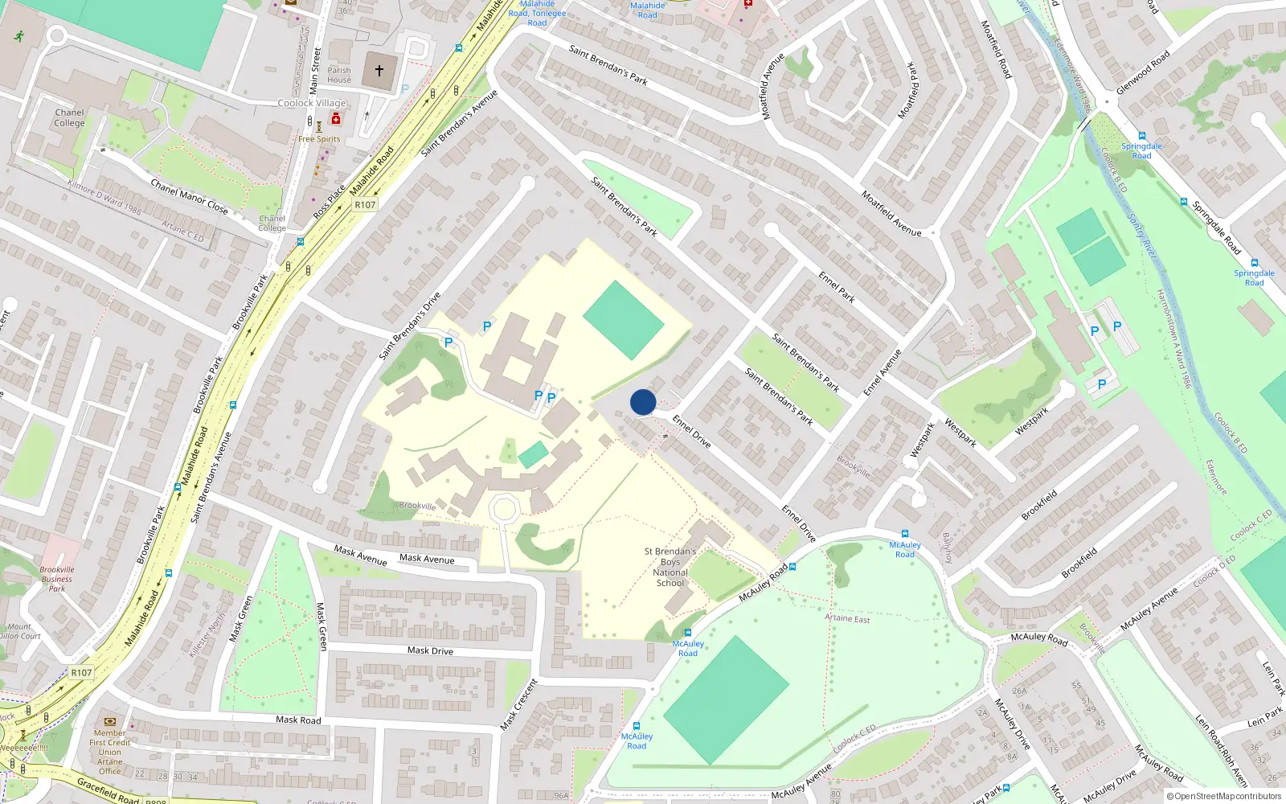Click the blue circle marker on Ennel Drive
pos(643,402)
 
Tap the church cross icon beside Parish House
pos(379,71)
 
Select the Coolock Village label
pos(312,103)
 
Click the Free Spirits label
pos(319,139)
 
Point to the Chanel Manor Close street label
pos(190,197)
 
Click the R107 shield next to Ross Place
pos(365,204)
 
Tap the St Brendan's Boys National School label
pos(670,568)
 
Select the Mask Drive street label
pos(430,650)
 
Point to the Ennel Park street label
pos(837,287)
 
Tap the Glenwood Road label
pos(1143,72)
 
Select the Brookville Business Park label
pos(56,579)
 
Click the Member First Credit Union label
pos(110,752)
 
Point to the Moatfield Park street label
pos(907,90)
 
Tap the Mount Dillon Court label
pos(19,631)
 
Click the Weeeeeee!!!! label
pos(24,748)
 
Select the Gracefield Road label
pos(109,790)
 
